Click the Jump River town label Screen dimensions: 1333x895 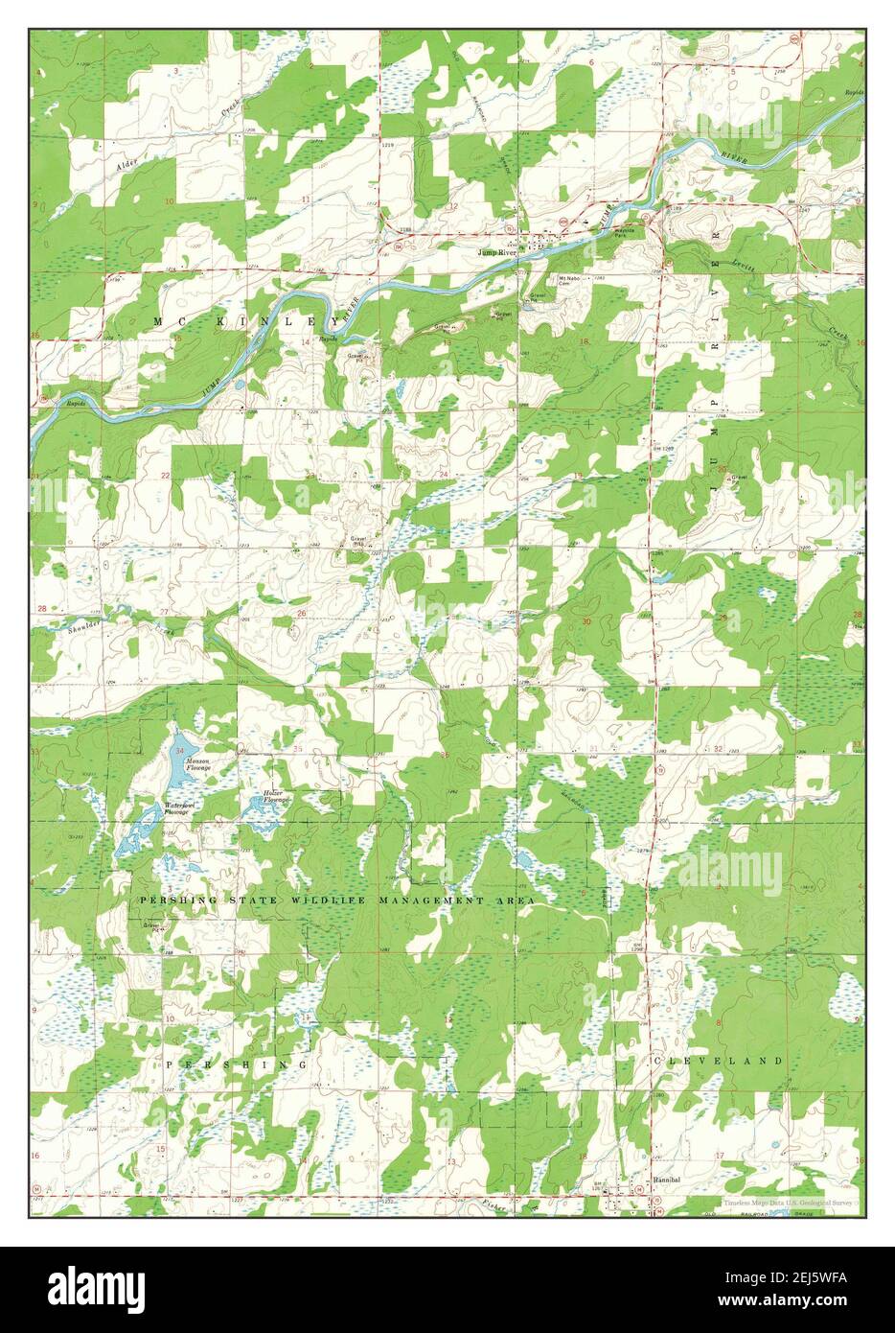coord(499,253)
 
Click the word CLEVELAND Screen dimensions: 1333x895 coord(719,1061)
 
